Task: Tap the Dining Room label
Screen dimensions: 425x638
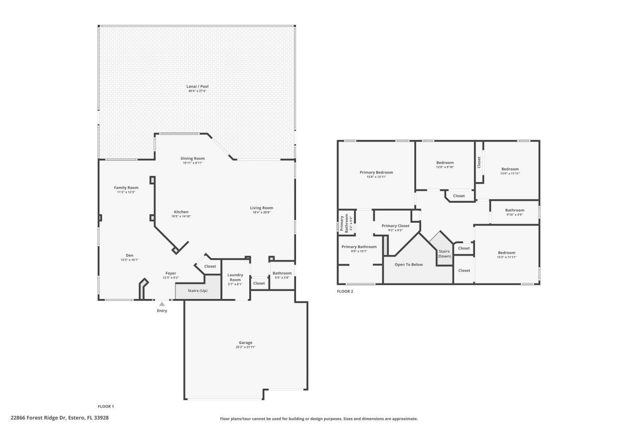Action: (x=192, y=158)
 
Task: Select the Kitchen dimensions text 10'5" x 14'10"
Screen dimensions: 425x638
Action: (x=181, y=216)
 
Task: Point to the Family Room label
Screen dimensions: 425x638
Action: (x=126, y=187)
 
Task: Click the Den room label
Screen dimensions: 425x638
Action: (x=129, y=255)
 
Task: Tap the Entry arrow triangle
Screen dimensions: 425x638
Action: (x=162, y=303)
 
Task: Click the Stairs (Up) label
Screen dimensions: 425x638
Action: (x=197, y=290)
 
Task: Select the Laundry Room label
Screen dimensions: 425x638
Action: (x=235, y=277)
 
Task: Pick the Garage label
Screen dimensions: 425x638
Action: (x=245, y=342)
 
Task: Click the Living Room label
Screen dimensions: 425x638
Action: (x=261, y=208)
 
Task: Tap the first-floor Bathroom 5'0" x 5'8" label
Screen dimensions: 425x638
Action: (x=282, y=273)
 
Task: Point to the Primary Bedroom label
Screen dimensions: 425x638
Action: (x=376, y=172)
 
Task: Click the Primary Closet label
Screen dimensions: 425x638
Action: (x=395, y=226)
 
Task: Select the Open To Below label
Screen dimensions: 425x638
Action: (x=409, y=265)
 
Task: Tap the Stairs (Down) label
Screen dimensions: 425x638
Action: (x=444, y=254)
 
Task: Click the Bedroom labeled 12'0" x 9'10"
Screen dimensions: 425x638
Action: (x=445, y=163)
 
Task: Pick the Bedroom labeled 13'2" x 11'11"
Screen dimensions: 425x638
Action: (x=506, y=253)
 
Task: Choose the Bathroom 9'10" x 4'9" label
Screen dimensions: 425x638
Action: (x=514, y=210)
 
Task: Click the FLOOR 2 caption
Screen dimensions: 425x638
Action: (x=345, y=291)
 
